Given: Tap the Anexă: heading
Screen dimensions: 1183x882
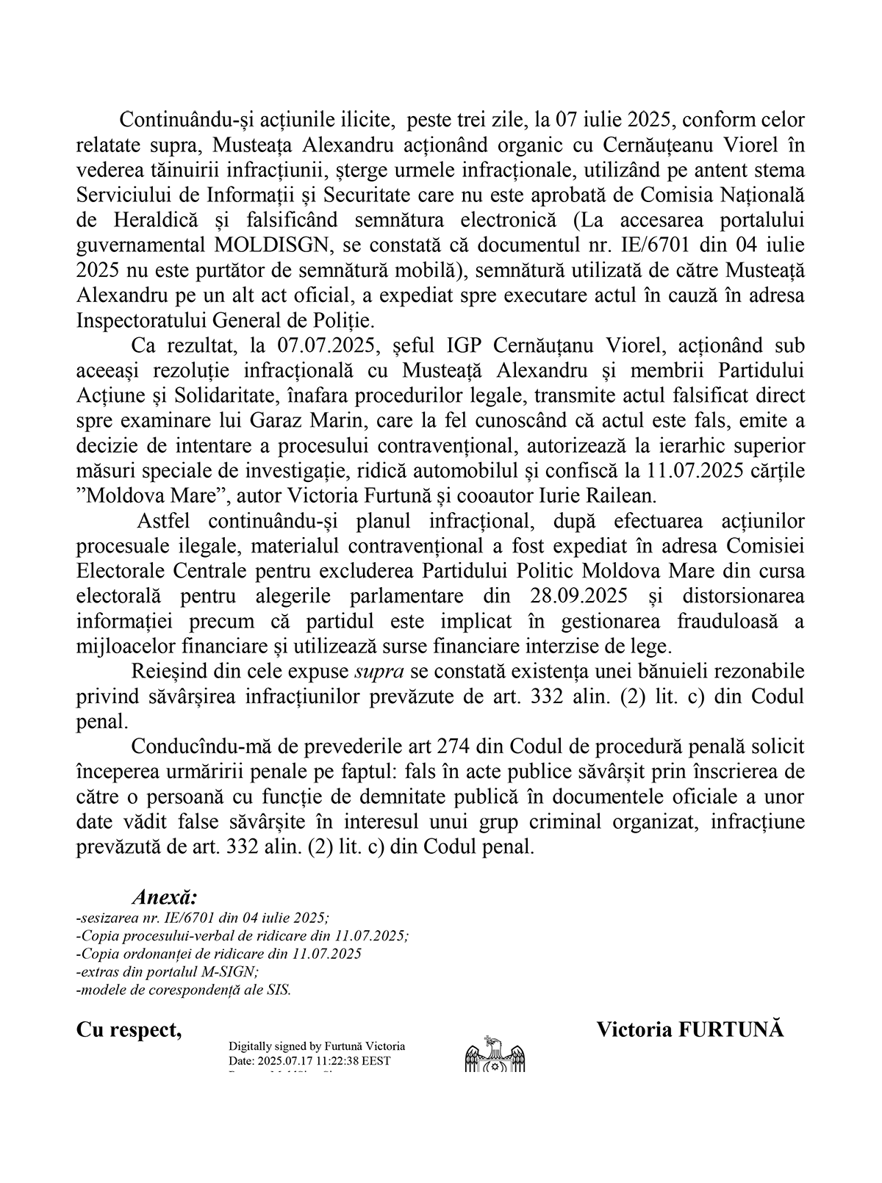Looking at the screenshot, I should pos(165,897).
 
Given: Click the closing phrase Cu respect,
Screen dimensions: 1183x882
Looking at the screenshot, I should pos(129,1029).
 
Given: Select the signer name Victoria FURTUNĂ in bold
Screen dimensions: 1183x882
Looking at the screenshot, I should pos(689,1029).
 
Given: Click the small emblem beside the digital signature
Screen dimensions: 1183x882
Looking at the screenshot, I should pos(495,1053).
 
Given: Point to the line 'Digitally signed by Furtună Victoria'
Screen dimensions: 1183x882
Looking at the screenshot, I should pos(317,1046).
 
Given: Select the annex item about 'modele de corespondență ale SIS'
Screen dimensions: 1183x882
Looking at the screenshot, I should pos(184,989).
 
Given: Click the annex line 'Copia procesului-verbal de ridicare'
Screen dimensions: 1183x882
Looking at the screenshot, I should pos(243,935).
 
